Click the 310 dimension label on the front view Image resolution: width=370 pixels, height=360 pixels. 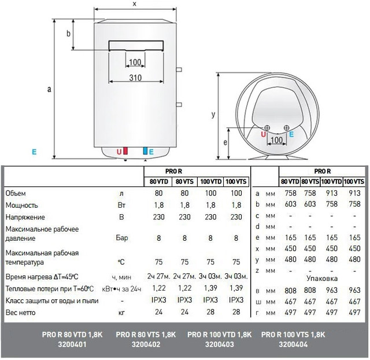click(135, 77)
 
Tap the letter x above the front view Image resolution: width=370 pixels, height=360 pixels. click(134, 4)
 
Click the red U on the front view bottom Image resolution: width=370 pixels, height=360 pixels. click(119, 152)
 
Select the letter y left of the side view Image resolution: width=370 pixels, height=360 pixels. click(213, 115)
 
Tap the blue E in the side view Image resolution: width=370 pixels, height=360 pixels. click(291, 134)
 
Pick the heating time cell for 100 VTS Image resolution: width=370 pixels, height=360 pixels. click(236, 276)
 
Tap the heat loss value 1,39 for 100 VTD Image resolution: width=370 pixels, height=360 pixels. click(211, 288)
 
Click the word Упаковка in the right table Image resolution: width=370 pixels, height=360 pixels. click(317, 278)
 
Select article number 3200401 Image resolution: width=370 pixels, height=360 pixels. click(72, 344)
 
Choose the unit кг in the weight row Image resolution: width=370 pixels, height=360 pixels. click(120, 313)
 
